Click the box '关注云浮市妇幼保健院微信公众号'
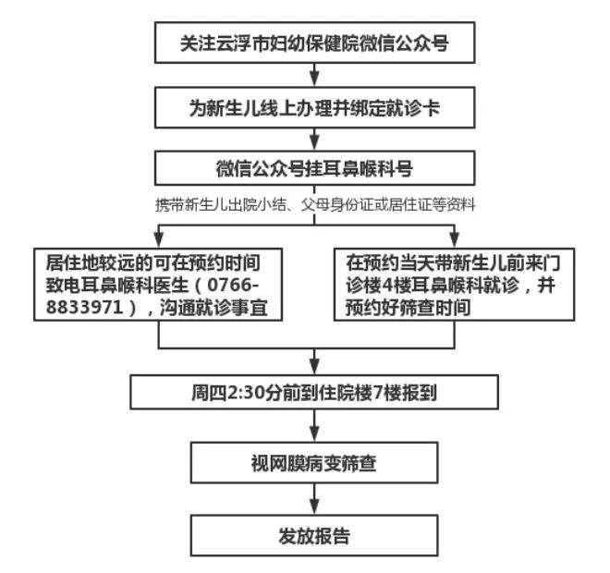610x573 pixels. (x=315, y=43)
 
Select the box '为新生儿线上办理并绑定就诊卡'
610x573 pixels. (x=315, y=107)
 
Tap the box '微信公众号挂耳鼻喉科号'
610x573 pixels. (x=315, y=168)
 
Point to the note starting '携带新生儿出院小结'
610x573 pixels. (x=315, y=204)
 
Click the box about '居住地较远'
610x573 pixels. (x=158, y=285)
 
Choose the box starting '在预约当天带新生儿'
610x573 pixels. (x=455, y=285)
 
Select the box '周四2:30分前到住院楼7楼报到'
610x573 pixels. (x=314, y=392)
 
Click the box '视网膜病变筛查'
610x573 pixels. (x=314, y=463)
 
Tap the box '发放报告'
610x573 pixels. (x=314, y=536)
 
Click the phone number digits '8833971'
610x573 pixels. (x=84, y=307)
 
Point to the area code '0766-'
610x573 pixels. (x=233, y=286)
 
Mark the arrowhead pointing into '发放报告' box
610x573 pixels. (x=314, y=507)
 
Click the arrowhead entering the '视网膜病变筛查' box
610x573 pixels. (x=314, y=434)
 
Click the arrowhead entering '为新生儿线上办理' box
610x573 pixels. (x=315, y=79)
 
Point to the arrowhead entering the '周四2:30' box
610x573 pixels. (x=314, y=367)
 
